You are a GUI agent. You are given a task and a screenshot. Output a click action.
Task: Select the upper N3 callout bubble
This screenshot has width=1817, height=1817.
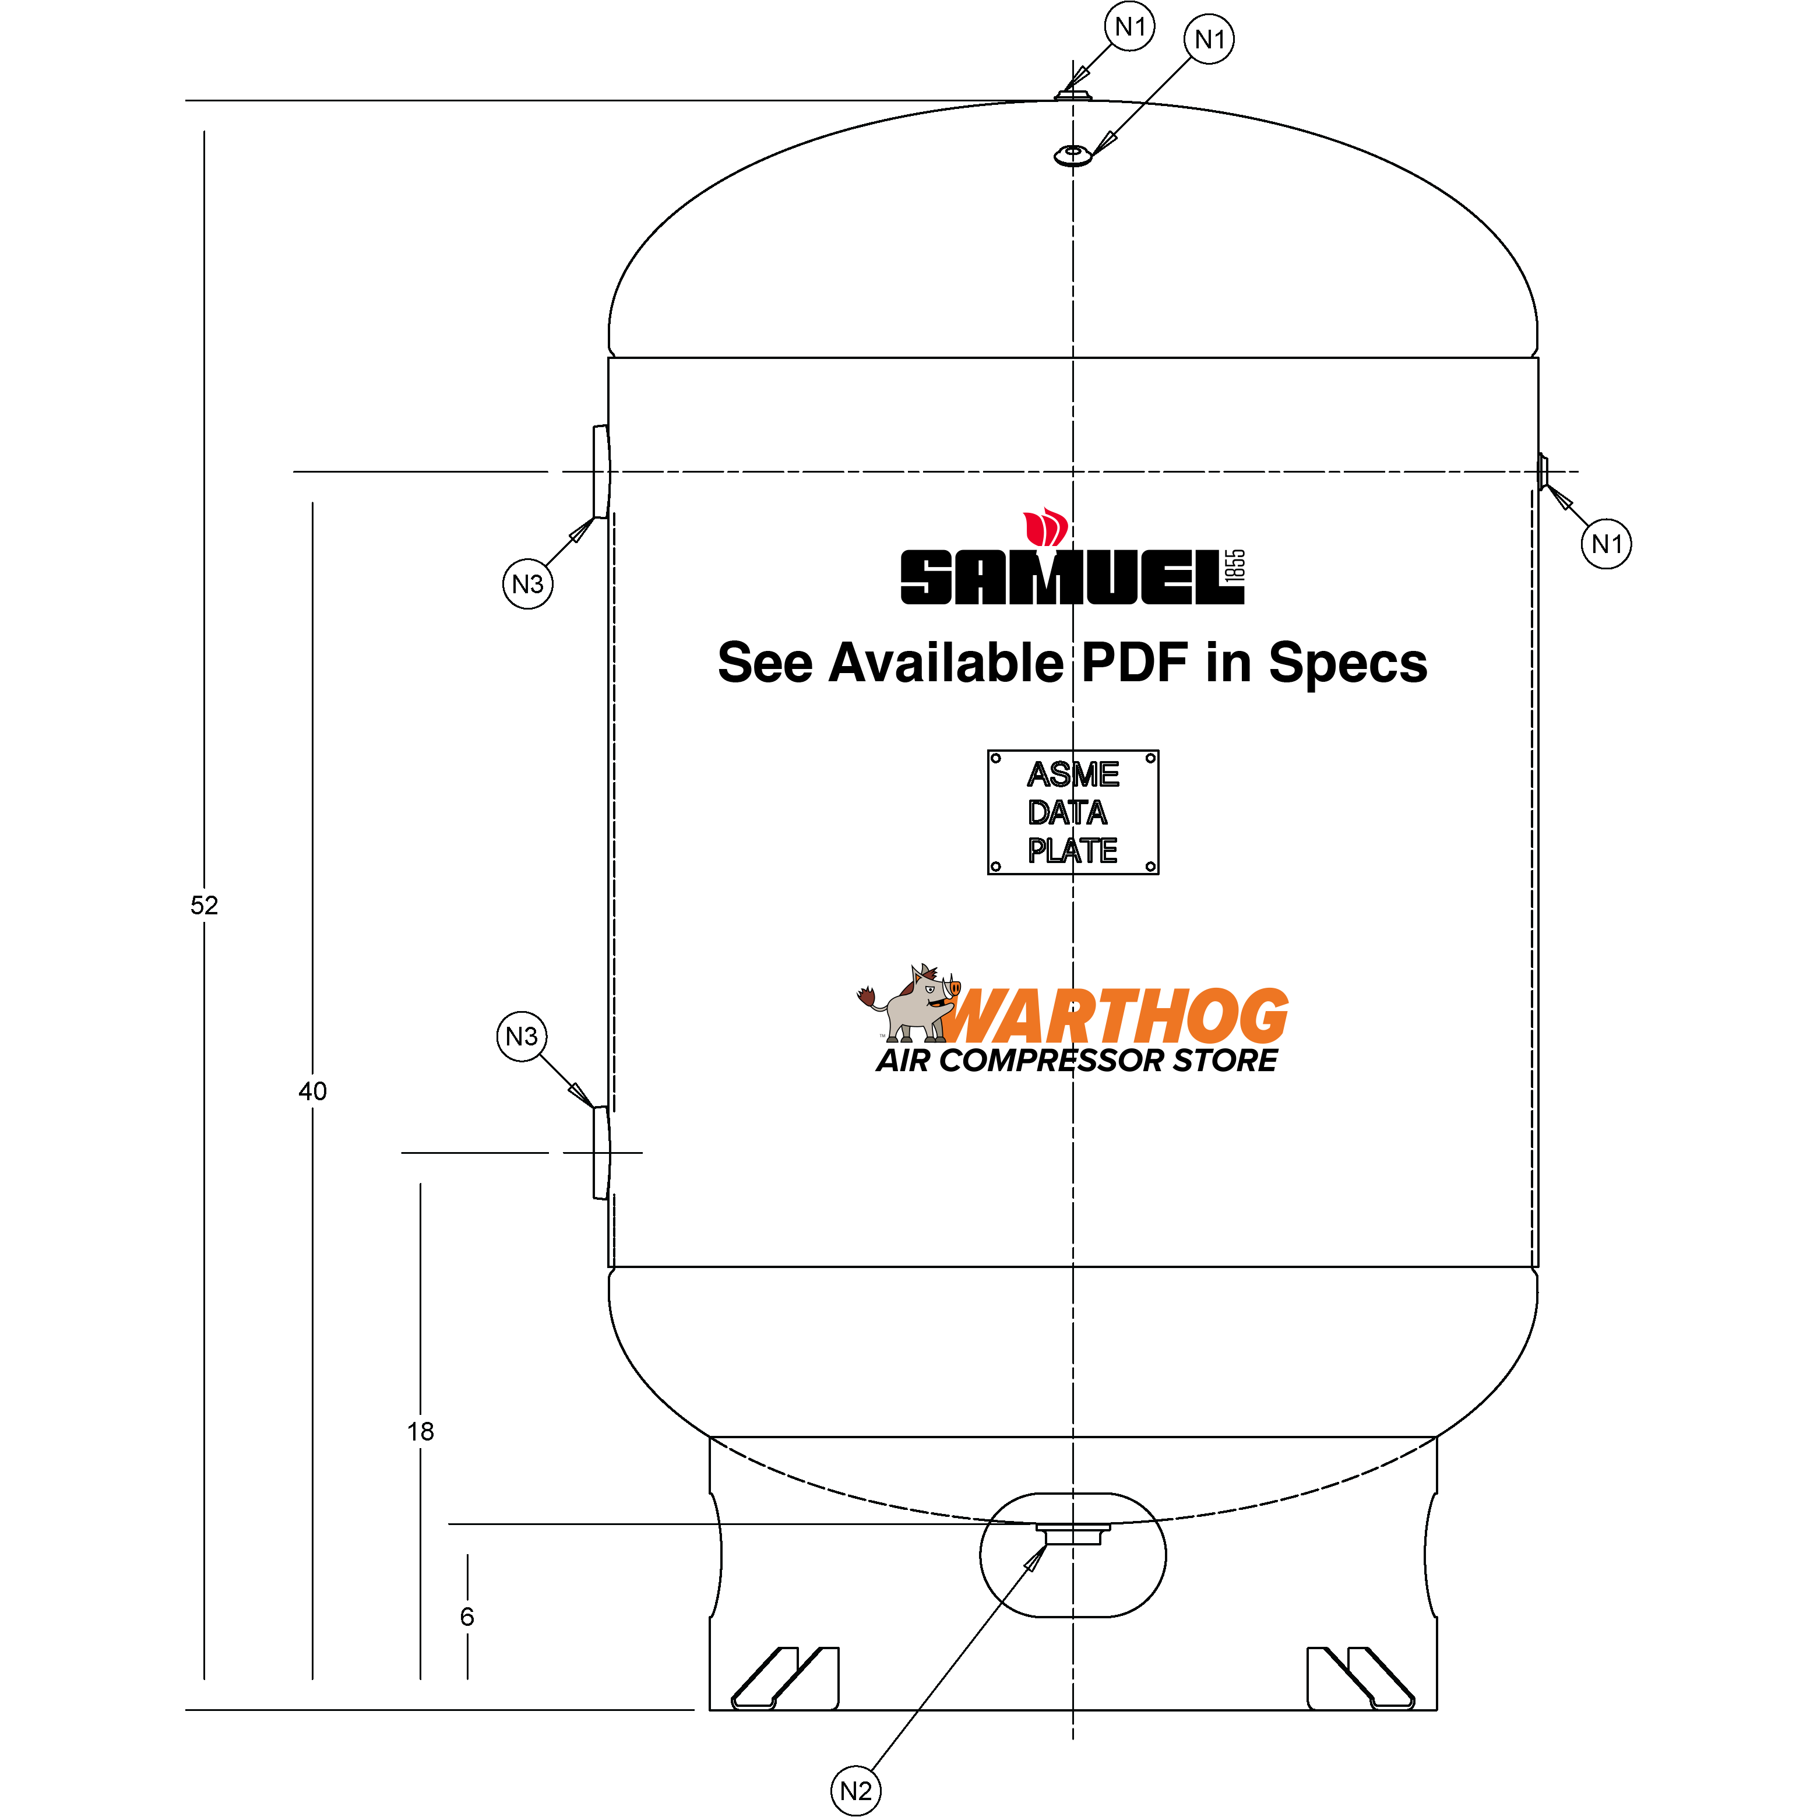click(527, 584)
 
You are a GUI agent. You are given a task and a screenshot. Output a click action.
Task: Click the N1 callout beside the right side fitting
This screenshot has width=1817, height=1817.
click(1606, 544)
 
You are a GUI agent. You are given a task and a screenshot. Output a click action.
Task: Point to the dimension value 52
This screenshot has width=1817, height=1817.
click(204, 905)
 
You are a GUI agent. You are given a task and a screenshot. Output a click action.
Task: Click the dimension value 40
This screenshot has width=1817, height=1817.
click(312, 1091)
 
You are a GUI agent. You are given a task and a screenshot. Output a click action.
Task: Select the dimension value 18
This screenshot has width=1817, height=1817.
click(420, 1431)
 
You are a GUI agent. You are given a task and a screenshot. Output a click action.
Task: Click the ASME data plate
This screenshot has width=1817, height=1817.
click(1072, 812)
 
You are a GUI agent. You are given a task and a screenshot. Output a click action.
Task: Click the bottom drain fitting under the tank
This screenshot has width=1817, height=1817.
click(1072, 1536)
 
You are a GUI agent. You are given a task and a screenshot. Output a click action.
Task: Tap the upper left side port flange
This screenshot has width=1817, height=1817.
click(600, 471)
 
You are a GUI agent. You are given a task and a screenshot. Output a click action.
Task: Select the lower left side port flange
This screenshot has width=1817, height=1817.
click(600, 1152)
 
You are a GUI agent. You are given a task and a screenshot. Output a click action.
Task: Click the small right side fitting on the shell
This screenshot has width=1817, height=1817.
click(1543, 470)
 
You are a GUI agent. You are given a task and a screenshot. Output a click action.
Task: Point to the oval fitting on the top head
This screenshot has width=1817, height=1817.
click(1073, 155)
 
